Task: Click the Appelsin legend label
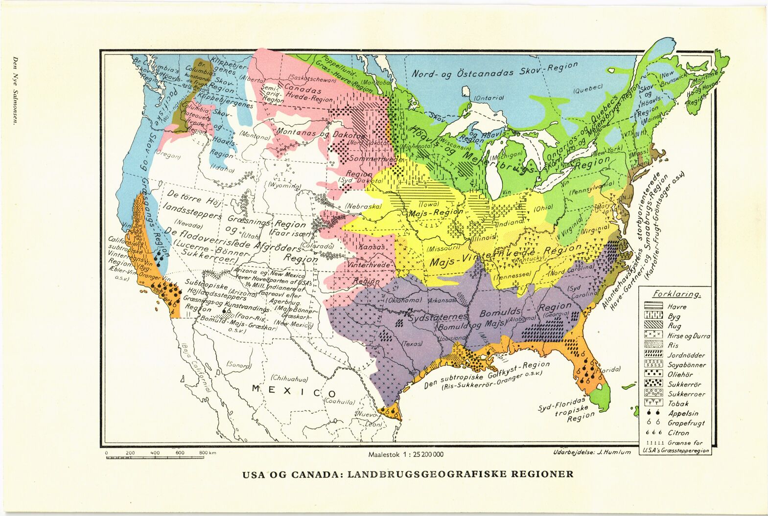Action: pyautogui.click(x=681, y=413)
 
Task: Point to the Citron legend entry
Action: pyautogui.click(x=678, y=432)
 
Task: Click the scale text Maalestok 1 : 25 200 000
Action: pyautogui.click(x=406, y=454)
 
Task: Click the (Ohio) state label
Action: pyautogui.click(x=530, y=207)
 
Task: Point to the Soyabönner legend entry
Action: pyautogui.click(x=687, y=365)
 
